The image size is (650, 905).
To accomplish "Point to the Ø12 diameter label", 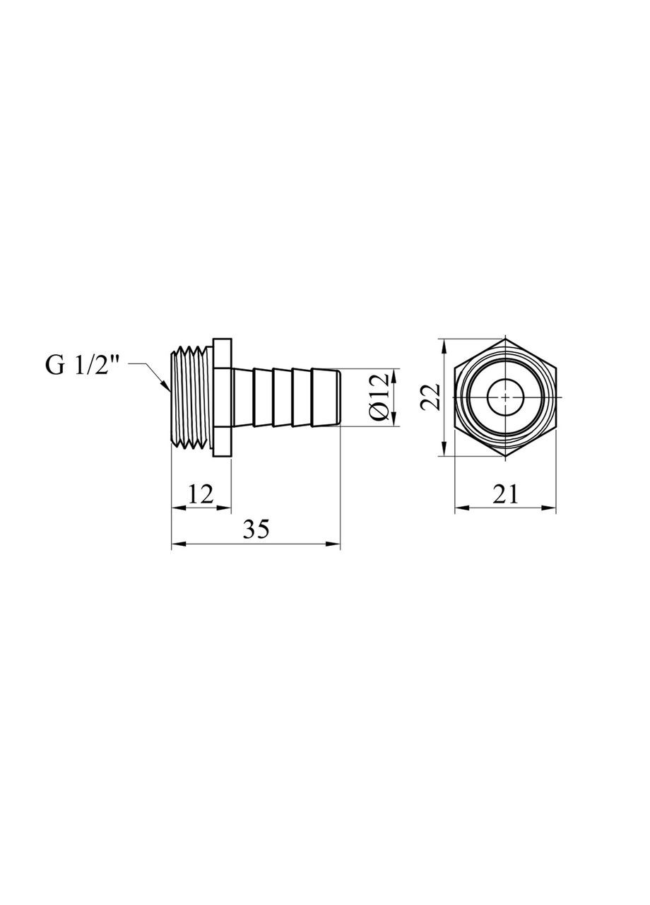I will (x=379, y=397).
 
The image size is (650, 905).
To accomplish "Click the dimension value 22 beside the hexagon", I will (x=430, y=397).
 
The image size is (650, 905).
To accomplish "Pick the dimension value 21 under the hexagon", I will (x=504, y=494).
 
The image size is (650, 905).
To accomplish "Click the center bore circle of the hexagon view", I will (x=506, y=397).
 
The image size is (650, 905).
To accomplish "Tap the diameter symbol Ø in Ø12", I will (x=379, y=413).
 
